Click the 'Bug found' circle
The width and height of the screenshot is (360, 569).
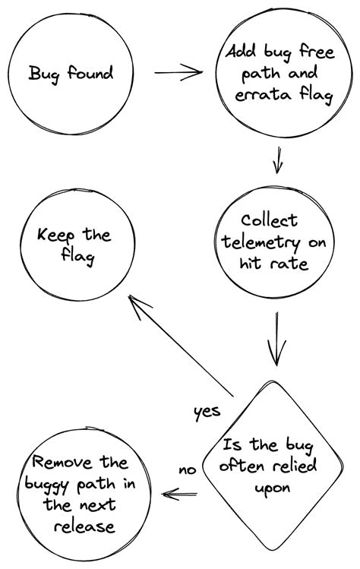tap(71, 74)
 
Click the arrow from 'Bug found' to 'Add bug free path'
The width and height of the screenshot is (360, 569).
tap(178, 73)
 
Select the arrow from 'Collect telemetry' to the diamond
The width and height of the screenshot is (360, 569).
tap(277, 338)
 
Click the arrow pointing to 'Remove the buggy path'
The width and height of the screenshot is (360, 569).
tap(181, 494)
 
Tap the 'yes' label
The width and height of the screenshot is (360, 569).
tap(207, 411)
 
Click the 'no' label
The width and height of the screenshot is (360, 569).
tap(187, 469)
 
